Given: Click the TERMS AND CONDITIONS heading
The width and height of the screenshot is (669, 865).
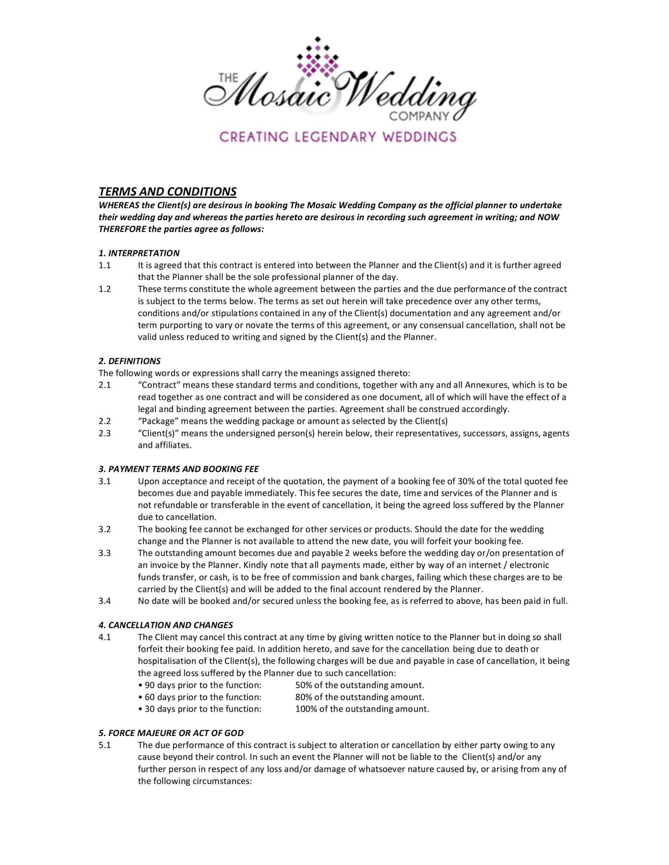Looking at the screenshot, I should click(x=167, y=192).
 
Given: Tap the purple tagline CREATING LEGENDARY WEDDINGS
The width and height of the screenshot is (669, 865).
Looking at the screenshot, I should click(x=338, y=137).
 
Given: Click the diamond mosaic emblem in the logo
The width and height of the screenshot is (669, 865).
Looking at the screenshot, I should click(x=317, y=59).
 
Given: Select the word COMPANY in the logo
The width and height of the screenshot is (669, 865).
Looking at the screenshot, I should click(x=420, y=116).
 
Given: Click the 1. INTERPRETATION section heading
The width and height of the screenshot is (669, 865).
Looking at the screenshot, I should click(x=139, y=253).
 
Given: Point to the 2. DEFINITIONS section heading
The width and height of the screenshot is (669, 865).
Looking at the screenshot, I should click(x=129, y=361).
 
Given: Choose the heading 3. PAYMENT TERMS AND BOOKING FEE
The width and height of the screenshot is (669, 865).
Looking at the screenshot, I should click(x=178, y=469).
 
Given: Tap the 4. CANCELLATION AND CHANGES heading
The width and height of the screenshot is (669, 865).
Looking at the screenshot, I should click(x=165, y=626).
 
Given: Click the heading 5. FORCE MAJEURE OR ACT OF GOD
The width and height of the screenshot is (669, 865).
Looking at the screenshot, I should click(x=171, y=733).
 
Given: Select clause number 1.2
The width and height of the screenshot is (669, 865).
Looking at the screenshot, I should click(x=105, y=289).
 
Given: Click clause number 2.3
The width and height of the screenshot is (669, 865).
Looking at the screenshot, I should click(x=105, y=433).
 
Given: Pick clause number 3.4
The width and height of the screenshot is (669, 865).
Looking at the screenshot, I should click(x=105, y=601).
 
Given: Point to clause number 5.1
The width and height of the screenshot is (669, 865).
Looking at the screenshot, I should click(x=105, y=745).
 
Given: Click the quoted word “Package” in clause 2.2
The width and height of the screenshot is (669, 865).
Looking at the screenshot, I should click(x=157, y=421).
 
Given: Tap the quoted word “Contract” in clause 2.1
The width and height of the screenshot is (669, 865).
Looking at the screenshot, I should click(x=158, y=385).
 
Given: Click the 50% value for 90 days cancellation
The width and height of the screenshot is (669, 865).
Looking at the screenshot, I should click(x=303, y=685).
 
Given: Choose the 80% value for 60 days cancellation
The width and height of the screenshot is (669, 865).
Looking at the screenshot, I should click(x=303, y=697).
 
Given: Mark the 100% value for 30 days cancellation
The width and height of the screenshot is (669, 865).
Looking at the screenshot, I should click(x=305, y=709).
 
